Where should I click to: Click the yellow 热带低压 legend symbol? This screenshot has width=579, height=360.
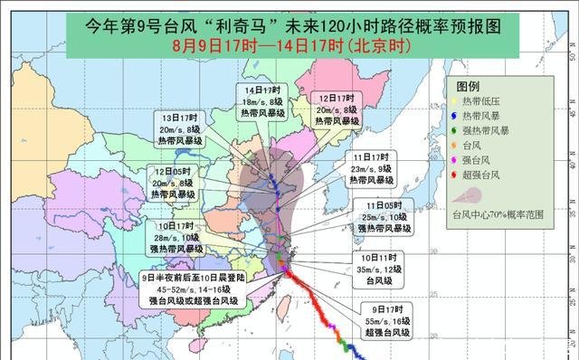coord(453,99)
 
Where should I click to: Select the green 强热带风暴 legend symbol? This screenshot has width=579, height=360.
coord(453,131)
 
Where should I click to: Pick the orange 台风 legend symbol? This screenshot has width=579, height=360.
coord(453,147)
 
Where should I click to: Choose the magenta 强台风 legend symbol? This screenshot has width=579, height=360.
coord(453,163)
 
